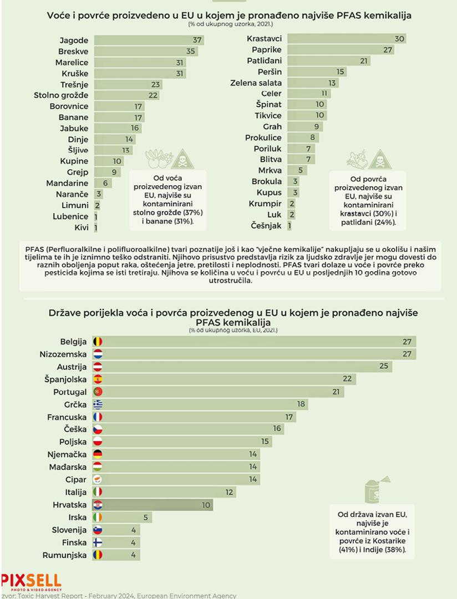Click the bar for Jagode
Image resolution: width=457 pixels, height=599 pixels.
(149, 40)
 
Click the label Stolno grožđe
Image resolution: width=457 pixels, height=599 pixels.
(60, 95)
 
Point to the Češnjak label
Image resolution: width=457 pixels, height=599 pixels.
(267, 226)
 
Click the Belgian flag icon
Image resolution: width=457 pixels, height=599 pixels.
(98, 342)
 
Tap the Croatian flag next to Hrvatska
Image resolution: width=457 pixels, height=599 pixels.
(98, 505)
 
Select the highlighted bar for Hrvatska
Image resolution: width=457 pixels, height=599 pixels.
(155, 505)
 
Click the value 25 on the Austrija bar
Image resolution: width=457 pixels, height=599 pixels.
(383, 367)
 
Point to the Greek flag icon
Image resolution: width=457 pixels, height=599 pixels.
(98, 404)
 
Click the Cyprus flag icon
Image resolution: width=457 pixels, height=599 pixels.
(98, 479)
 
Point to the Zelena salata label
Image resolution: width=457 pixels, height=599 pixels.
(256, 83)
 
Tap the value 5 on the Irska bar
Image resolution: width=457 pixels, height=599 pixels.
(145, 517)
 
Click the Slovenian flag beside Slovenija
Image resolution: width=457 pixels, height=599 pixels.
(98, 530)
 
